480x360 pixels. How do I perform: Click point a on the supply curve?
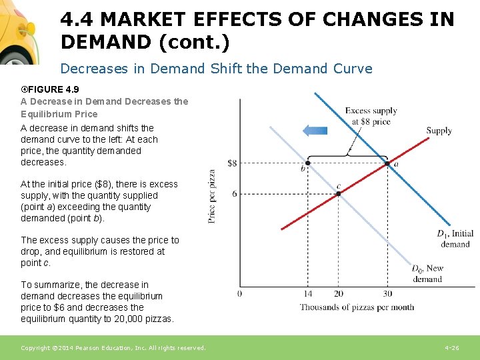coord(387,163)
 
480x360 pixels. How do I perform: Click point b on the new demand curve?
coord(307,163)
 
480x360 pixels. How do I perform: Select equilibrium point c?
coord(338,193)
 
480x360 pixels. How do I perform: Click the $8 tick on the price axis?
coord(232,163)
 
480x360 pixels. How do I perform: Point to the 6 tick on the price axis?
coord(234,193)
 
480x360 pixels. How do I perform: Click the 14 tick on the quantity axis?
coord(307,293)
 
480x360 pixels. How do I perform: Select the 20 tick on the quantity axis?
coord(338,293)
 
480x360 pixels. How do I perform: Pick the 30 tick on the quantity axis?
coord(387,293)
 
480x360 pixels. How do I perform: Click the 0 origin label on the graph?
coord(239,293)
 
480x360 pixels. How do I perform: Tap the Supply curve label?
coord(439,131)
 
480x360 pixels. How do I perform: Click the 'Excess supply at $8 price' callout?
coord(371,116)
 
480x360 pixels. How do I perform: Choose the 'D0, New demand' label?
coord(427,274)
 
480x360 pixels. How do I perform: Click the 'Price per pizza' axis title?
coord(212,195)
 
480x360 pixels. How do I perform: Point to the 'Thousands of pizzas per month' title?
coord(356,307)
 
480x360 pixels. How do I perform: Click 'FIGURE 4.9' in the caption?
coord(53,90)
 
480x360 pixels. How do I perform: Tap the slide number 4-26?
coord(451,348)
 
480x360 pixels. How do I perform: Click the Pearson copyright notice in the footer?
coord(113,348)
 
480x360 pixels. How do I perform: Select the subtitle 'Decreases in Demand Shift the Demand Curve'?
coord(216,69)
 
